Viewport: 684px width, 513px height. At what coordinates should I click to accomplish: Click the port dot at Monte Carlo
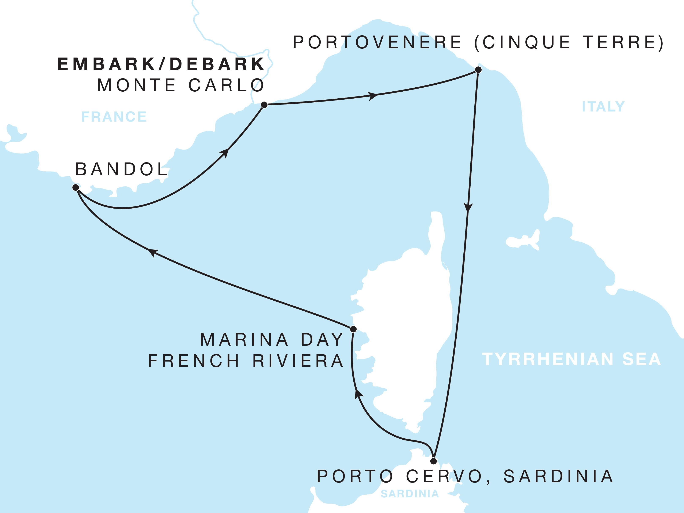[264, 105]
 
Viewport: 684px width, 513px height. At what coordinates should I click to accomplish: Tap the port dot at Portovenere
[478, 70]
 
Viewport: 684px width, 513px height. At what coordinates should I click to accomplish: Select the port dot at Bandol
[76, 187]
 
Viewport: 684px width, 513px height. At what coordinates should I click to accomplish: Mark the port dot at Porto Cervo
[434, 461]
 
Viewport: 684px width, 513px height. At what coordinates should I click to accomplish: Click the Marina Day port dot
[353, 329]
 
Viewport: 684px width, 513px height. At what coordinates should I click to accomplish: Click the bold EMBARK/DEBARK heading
[161, 64]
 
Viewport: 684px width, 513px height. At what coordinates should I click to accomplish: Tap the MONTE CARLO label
[181, 85]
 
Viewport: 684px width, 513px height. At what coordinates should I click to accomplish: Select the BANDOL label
[122, 169]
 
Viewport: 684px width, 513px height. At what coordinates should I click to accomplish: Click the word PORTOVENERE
[377, 42]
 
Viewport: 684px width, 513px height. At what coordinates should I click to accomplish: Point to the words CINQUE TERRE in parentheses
[569, 42]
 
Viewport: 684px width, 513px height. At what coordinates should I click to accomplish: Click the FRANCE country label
[114, 117]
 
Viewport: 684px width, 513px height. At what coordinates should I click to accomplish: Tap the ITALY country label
[603, 107]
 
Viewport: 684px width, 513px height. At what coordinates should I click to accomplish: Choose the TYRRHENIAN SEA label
[571, 359]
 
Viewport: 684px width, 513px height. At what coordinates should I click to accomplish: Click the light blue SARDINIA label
[410, 494]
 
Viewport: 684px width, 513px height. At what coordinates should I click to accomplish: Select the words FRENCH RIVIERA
[246, 361]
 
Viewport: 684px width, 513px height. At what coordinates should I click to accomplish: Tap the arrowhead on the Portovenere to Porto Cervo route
[468, 207]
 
